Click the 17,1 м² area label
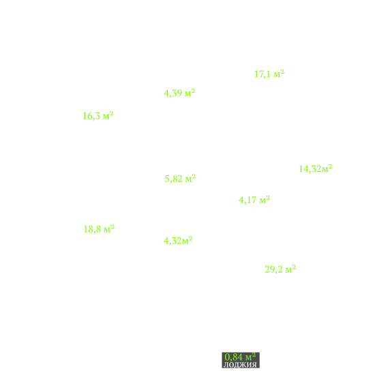click(x=269, y=74)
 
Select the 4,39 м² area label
click(x=179, y=93)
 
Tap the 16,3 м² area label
click(x=98, y=116)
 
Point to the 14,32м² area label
click(x=316, y=169)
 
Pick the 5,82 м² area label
click(x=180, y=179)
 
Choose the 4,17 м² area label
click(x=254, y=200)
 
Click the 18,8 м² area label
click(x=99, y=229)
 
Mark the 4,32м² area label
click(x=178, y=241)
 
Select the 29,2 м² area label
click(x=280, y=269)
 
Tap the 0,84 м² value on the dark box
click(x=240, y=357)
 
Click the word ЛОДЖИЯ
click(x=240, y=365)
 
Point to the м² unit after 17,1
click(x=279, y=74)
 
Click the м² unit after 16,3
click(x=108, y=115)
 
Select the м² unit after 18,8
click(x=109, y=229)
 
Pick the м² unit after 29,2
click(x=291, y=269)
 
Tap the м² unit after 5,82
click(x=191, y=178)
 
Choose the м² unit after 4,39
click(x=190, y=93)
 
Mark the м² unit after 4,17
click(x=265, y=200)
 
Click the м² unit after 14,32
click(x=327, y=168)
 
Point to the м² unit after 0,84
click(x=251, y=357)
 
